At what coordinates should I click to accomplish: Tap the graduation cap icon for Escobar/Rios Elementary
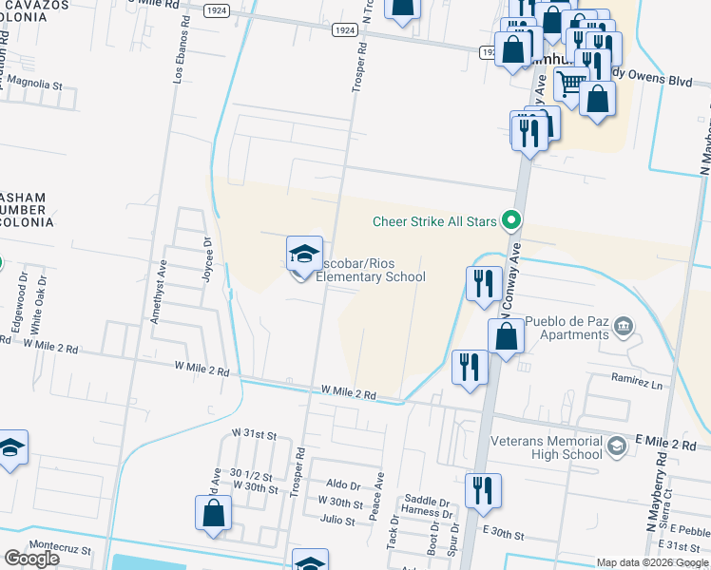coord(304,254)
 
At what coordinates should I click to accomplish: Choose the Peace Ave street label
coord(377,497)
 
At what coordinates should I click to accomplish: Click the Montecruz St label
coord(59,549)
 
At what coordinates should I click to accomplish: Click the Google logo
coord(31,559)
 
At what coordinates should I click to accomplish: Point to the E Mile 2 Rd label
coord(666,444)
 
